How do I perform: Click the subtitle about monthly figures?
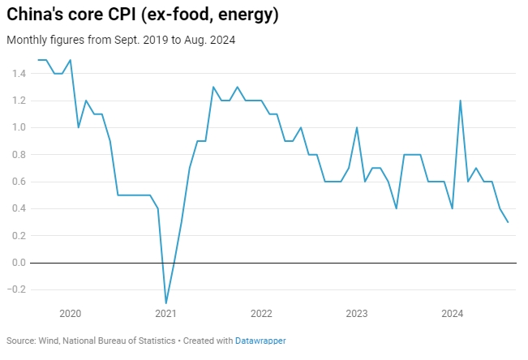[121, 40]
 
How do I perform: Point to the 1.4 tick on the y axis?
[17, 74]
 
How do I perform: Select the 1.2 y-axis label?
[17, 101]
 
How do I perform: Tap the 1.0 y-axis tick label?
[17, 127]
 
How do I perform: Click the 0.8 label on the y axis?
[17, 155]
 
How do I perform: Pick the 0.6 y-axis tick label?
[17, 182]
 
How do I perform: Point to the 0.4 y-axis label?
[17, 208]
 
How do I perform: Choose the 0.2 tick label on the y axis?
[17, 236]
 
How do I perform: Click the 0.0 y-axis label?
[17, 263]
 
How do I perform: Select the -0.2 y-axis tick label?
[16, 289]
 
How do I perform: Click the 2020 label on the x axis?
[71, 313]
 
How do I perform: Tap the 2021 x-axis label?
[165, 313]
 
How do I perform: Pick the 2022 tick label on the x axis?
[261, 313]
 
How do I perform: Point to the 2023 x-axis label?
[357, 313]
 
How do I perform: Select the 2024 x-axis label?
[452, 313]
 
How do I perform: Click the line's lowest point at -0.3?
[165, 303]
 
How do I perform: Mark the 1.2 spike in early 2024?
[460, 101]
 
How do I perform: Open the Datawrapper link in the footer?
[260, 341]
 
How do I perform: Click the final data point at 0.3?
[508, 222]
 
